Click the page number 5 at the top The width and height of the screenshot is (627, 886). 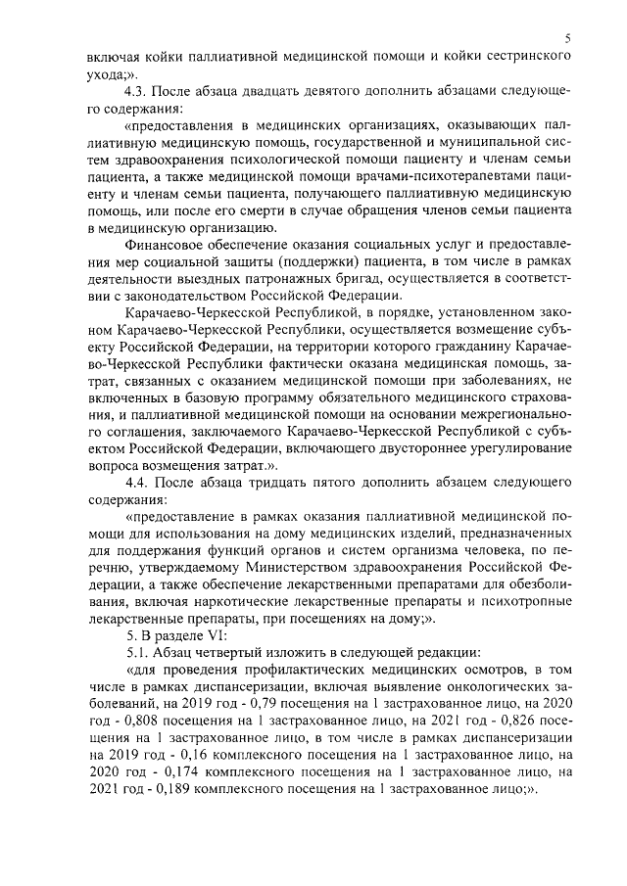coord(567,38)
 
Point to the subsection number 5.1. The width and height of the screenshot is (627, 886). coord(140,652)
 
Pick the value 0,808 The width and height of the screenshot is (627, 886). coord(149,722)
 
